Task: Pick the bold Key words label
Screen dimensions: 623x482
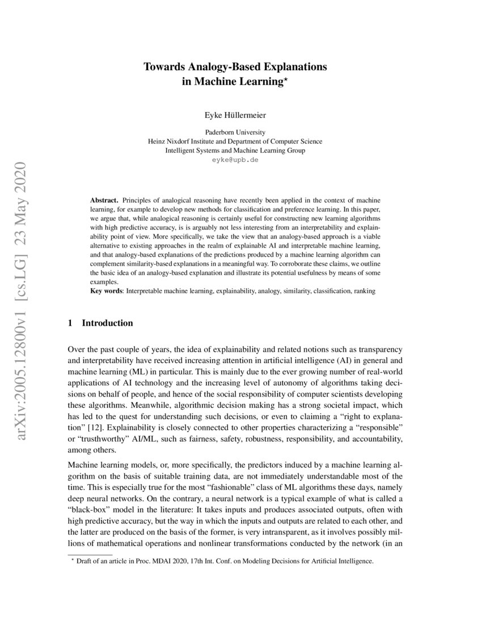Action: pos(107,291)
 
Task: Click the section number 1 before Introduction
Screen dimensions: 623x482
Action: pos(70,323)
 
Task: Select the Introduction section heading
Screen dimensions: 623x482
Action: pos(108,323)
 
